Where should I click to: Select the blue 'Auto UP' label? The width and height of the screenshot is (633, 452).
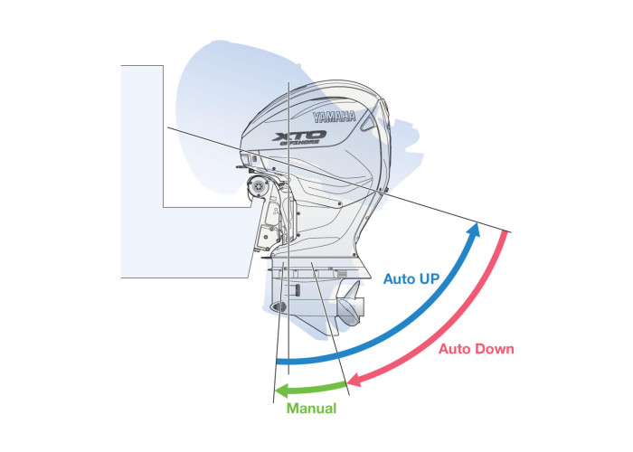click(x=411, y=278)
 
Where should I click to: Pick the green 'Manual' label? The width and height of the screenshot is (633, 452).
click(x=311, y=409)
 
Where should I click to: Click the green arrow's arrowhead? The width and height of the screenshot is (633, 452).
click(x=281, y=391)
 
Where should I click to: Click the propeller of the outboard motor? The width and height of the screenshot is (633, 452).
click(x=351, y=310)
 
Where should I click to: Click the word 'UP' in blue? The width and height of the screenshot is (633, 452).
click(x=428, y=278)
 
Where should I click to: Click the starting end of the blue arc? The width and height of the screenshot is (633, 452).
click(x=279, y=363)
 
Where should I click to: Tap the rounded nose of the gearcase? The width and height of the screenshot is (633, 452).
click(x=278, y=308)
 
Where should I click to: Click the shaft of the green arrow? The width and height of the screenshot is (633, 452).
click(x=316, y=389)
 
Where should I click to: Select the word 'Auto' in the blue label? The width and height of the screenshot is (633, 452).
click(x=398, y=278)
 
